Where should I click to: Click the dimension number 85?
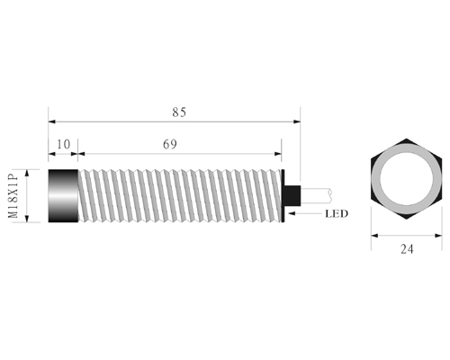(x=179, y=112)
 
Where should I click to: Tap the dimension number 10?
(x=63, y=144)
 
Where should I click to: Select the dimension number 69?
(x=170, y=144)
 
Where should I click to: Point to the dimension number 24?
(x=407, y=249)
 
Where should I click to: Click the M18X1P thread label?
(x=13, y=196)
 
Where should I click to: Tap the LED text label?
(x=337, y=213)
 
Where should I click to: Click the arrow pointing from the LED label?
(x=304, y=213)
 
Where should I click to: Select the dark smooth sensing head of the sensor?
(x=63, y=196)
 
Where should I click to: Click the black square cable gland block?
(x=292, y=195)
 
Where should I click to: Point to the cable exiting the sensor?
(x=316, y=195)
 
